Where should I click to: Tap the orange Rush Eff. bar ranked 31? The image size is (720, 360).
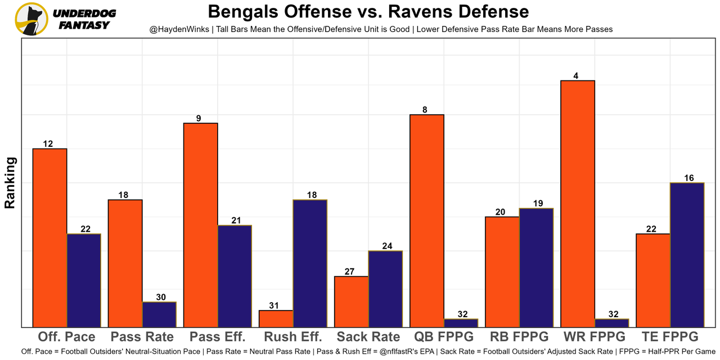[x=276, y=318]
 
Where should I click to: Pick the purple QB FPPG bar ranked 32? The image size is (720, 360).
[x=461, y=323]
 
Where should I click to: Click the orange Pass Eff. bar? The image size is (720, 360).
[x=201, y=225]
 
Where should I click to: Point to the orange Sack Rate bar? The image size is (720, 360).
[x=351, y=301]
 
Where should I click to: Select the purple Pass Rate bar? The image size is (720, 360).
[x=159, y=314]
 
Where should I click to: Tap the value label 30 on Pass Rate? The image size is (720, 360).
[x=161, y=297]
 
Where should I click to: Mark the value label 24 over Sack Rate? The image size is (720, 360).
[x=387, y=246]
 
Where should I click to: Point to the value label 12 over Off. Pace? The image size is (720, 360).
[x=48, y=144]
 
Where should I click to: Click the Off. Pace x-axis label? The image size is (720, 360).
[x=66, y=337]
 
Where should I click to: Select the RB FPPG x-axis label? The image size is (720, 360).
[x=519, y=337]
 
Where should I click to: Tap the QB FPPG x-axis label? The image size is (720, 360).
[x=443, y=337]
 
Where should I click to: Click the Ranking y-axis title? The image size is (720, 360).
[x=10, y=183]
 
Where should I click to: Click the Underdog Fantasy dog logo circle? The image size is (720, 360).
[x=31, y=19]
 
